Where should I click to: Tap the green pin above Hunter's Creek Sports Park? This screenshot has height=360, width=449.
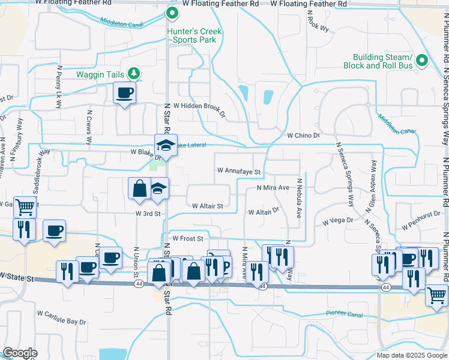(172, 13)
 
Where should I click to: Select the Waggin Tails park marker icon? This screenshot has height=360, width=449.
(134, 74)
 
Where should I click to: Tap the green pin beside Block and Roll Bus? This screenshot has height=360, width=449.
(421, 61)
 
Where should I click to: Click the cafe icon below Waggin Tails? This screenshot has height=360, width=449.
(125, 93)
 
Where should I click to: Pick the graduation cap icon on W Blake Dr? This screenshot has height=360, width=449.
(166, 145)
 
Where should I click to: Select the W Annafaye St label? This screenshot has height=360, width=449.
(240, 172)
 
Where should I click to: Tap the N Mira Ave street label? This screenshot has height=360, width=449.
(273, 188)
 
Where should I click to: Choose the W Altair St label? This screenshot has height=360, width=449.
(207, 206)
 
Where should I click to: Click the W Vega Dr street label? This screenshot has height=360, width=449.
(339, 221)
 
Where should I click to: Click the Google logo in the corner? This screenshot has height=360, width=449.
(20, 353)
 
